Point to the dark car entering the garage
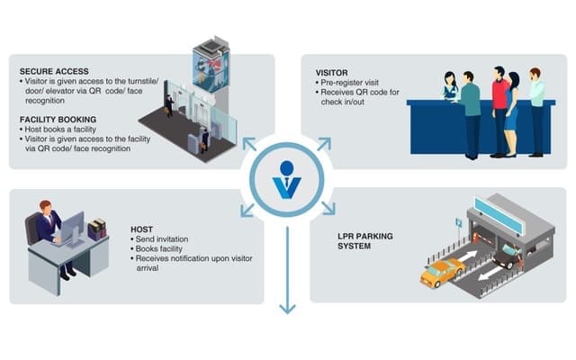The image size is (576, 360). coord(505,257)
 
